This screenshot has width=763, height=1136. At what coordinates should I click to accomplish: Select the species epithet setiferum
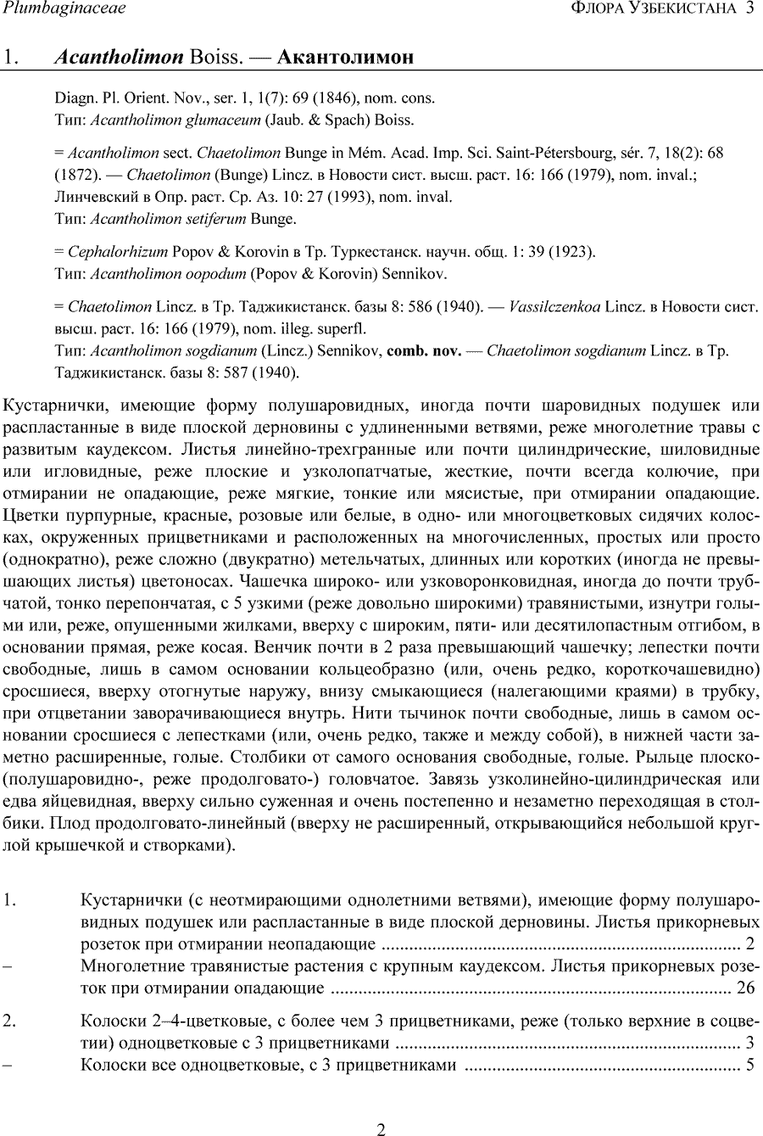coord(216,219)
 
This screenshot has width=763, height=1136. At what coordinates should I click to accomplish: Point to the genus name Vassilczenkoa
coord(556,306)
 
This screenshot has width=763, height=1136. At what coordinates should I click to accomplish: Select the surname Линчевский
coord(96,197)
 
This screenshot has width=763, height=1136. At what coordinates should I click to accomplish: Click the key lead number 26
coord(745,988)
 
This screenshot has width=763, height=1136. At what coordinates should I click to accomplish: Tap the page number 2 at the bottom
coord(381,1128)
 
